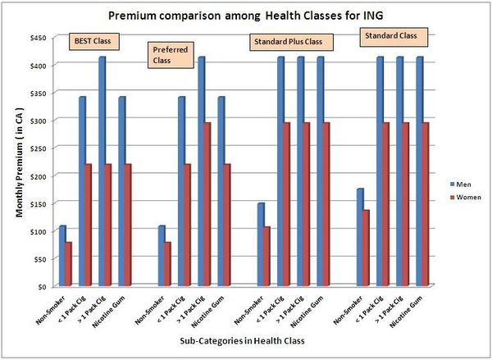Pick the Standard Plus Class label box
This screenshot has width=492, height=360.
[286, 40]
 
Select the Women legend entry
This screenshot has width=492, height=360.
[463, 197]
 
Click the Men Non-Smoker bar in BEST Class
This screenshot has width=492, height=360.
[62, 256]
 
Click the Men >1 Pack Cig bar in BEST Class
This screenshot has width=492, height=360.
[102, 171]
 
